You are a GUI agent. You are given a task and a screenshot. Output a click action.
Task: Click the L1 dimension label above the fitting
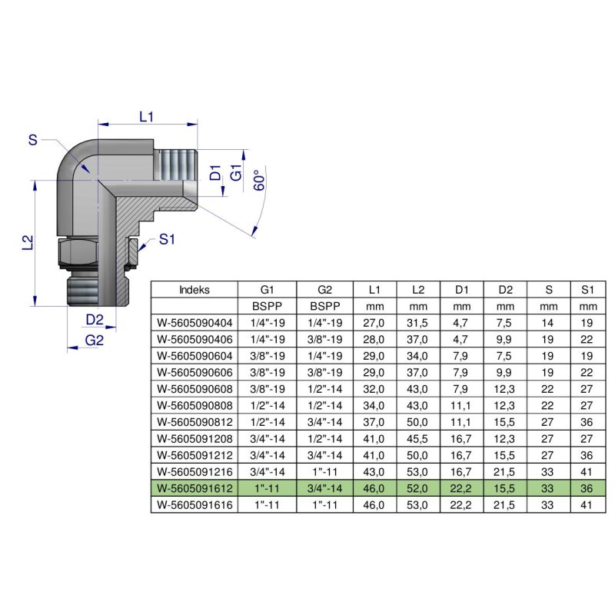click(x=147, y=116)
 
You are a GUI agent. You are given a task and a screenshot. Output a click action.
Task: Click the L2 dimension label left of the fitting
click(x=27, y=243)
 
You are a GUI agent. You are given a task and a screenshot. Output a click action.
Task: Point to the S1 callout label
click(x=167, y=240)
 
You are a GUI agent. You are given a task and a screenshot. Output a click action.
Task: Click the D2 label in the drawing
click(x=95, y=318)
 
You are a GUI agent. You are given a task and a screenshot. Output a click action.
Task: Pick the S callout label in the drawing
click(x=32, y=139)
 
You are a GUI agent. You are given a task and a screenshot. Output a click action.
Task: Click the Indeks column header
click(x=194, y=290)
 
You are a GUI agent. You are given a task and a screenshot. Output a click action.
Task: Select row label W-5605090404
click(x=194, y=323)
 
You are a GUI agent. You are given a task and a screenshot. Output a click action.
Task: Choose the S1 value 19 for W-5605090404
click(x=588, y=323)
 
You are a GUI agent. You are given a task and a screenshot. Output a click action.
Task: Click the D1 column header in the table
click(x=461, y=290)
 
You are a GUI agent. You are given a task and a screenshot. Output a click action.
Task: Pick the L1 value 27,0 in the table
click(x=374, y=323)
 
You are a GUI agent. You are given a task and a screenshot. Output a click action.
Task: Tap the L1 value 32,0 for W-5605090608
click(x=374, y=388)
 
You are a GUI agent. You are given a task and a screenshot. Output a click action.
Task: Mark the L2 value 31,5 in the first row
click(x=418, y=323)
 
